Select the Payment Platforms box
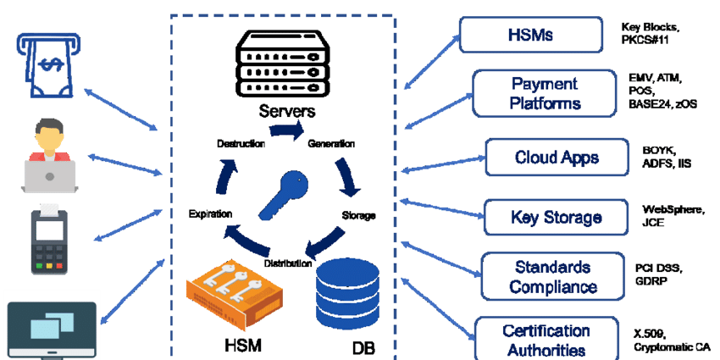(545, 93)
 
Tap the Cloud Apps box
(557, 158)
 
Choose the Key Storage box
(557, 218)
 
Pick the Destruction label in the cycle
(241, 144)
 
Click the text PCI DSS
(653, 269)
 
